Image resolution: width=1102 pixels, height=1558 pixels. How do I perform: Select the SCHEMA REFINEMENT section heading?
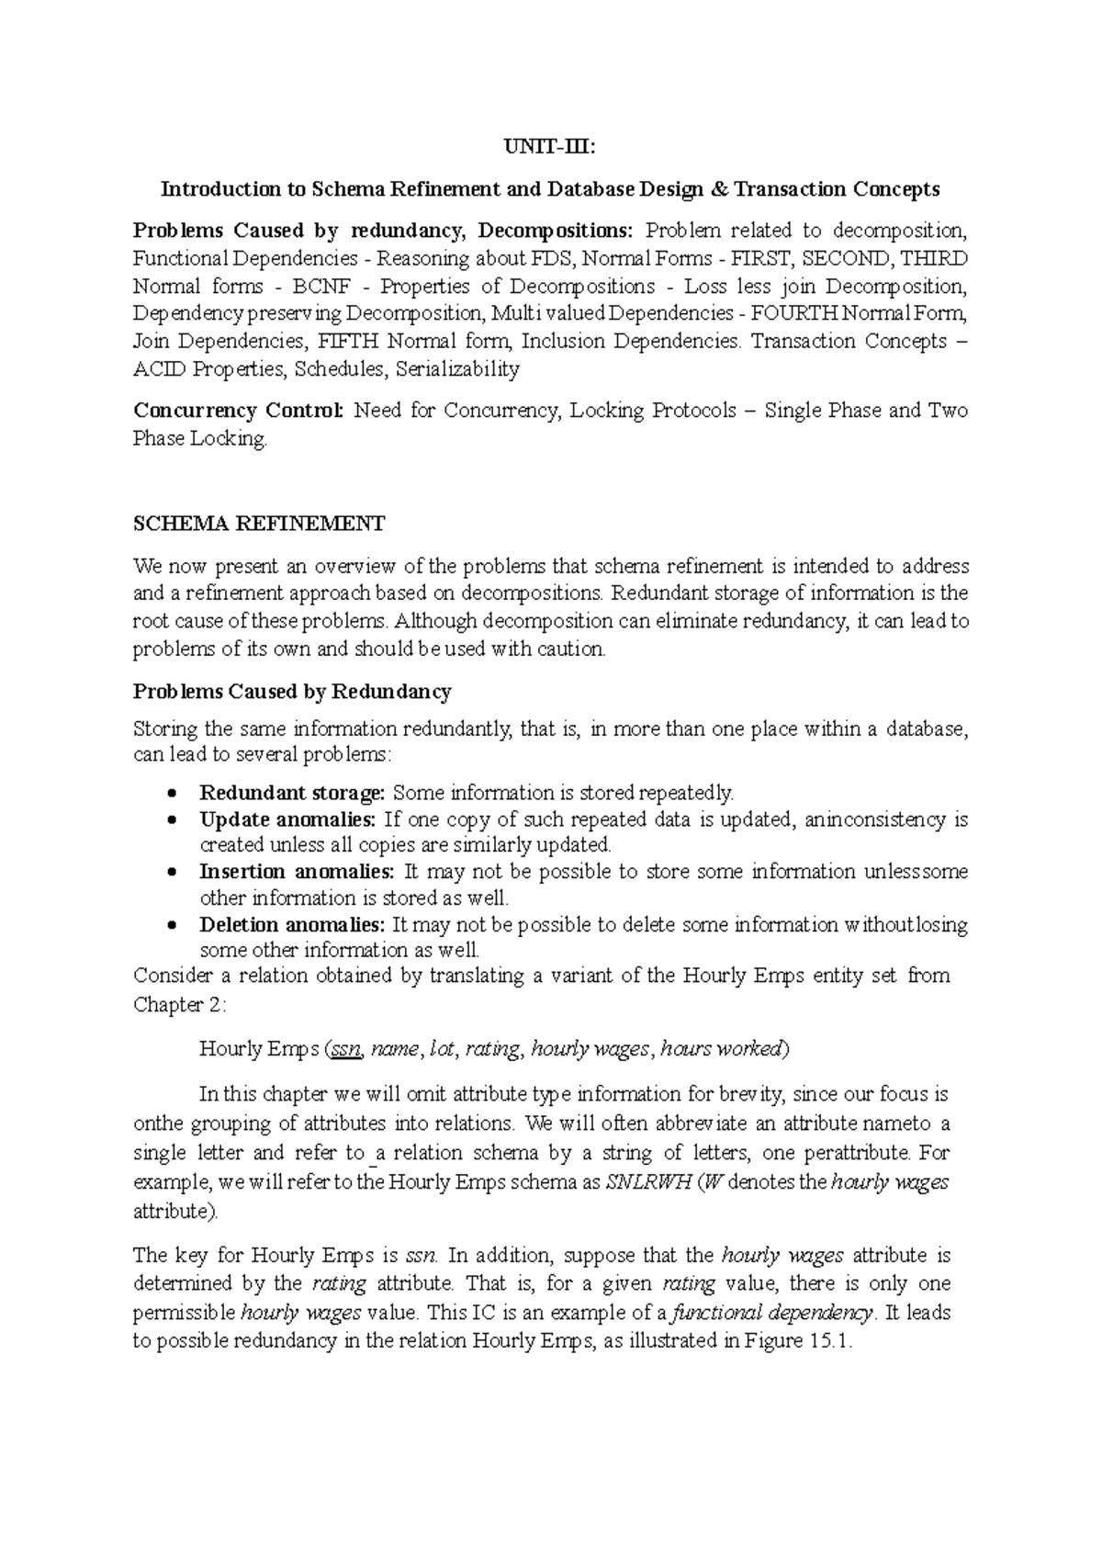pyautogui.click(x=259, y=525)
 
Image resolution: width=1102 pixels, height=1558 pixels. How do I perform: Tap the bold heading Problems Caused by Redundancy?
pyautogui.click(x=292, y=691)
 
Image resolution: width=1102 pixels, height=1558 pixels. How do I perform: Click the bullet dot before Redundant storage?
pyautogui.click(x=172, y=793)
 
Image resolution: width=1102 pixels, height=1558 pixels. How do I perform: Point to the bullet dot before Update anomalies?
pyautogui.click(x=172, y=819)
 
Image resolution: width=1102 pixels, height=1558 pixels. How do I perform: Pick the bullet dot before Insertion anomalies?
pyautogui.click(x=172, y=872)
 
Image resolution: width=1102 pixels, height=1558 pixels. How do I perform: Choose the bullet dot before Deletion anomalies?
pyautogui.click(x=172, y=925)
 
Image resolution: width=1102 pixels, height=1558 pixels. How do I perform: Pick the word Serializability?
pyautogui.click(x=456, y=369)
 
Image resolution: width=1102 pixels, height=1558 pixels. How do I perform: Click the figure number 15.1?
pyautogui.click(x=830, y=1341)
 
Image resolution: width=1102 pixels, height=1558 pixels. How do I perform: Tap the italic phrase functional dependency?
pyautogui.click(x=770, y=1313)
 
